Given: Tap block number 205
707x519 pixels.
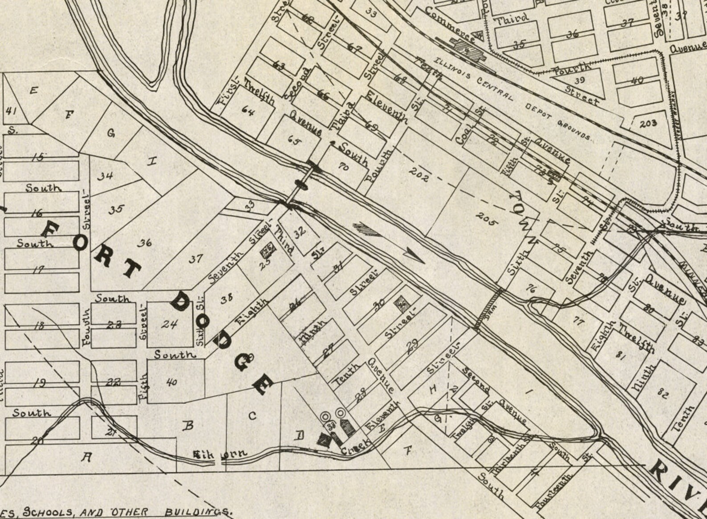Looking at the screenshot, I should pyautogui.click(x=486, y=218).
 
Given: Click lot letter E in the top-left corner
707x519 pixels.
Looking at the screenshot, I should pyautogui.click(x=33, y=90).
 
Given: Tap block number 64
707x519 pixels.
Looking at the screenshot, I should pyautogui.click(x=248, y=111).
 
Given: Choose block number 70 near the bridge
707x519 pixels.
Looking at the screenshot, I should pyautogui.click(x=343, y=167).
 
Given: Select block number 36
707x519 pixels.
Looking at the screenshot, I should pyautogui.click(x=144, y=243).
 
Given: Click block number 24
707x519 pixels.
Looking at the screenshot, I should pyautogui.click(x=169, y=324).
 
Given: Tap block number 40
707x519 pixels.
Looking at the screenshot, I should pyautogui.click(x=172, y=382).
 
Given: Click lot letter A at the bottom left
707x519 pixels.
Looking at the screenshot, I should pyautogui.click(x=87, y=457).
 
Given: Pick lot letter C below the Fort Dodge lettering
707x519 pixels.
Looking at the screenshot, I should pyautogui.click(x=252, y=416).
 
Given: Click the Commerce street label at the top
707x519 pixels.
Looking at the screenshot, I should pyautogui.click(x=450, y=23).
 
